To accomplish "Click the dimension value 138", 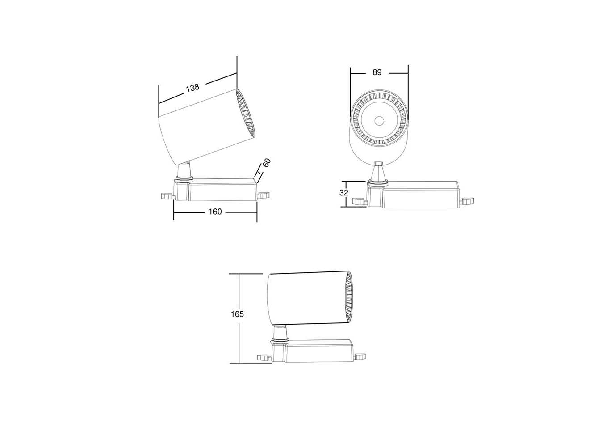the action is click(193, 88).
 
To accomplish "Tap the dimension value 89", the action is click(377, 72).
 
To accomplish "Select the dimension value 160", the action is click(215, 212).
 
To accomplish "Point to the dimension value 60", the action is click(267, 163).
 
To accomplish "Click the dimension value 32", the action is click(344, 193).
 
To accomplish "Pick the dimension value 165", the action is click(237, 314).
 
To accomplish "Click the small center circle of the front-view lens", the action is click(379, 121).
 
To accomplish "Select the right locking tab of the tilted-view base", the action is click(264, 195).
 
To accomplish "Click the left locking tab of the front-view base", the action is click(360, 202).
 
